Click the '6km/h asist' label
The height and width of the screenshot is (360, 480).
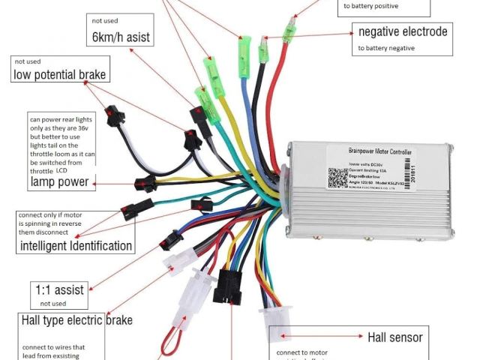pyautogui.click(x=120, y=36)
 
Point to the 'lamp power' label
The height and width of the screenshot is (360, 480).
pyautogui.click(x=59, y=181)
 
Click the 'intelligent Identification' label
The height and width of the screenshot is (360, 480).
pyautogui.click(x=76, y=246)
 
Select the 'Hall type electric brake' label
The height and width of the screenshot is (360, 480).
pyautogui.click(x=77, y=320)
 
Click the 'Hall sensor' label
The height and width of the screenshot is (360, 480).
pyautogui.click(x=394, y=337)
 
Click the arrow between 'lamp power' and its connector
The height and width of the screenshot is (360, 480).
pyautogui.click(x=112, y=182)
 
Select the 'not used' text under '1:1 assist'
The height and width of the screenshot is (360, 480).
pyautogui.click(x=53, y=304)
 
